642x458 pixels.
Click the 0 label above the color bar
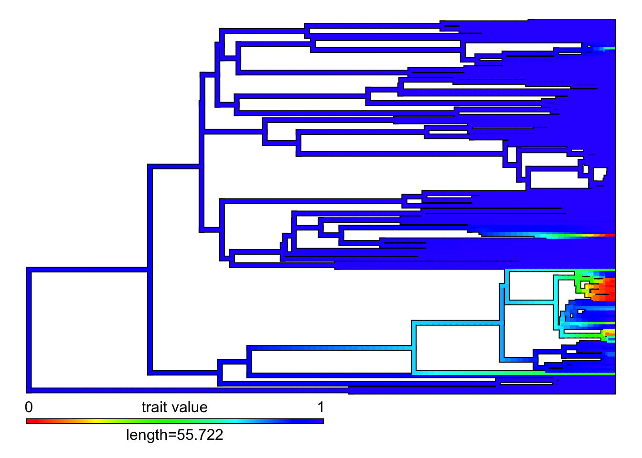(x=29, y=407)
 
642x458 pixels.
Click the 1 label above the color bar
(x=321, y=407)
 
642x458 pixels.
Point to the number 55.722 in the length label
(x=200, y=435)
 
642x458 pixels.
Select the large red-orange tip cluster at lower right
(x=603, y=290)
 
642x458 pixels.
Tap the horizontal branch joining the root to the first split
(x=87, y=270)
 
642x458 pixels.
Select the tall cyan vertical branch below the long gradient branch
(x=414, y=347)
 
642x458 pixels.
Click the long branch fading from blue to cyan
(x=330, y=348)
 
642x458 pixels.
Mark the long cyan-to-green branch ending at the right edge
(x=514, y=373)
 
